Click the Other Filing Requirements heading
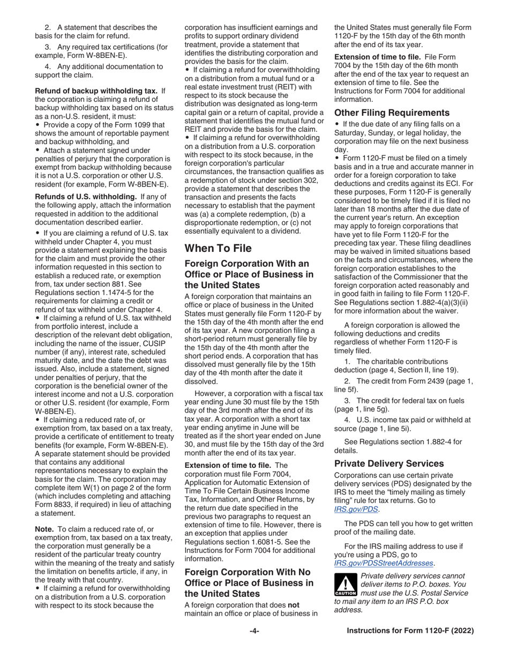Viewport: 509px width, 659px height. [x=392, y=113]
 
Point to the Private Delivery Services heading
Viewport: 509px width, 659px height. [x=389, y=463]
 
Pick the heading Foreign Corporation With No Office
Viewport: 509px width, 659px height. [x=249, y=582]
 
